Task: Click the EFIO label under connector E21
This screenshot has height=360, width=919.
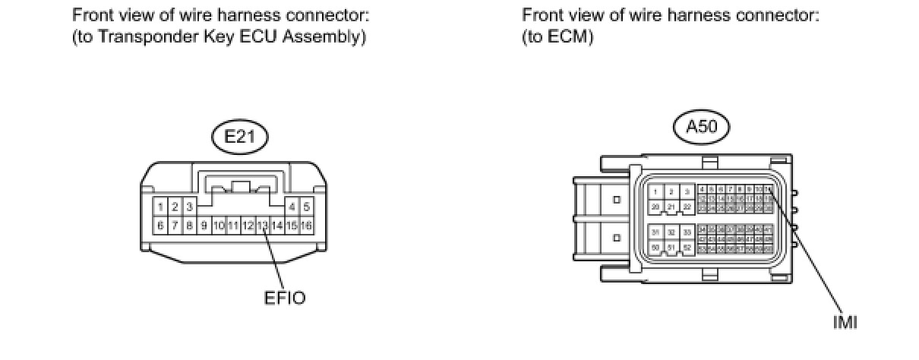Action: click(x=285, y=298)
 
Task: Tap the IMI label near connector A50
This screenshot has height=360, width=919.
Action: click(x=845, y=323)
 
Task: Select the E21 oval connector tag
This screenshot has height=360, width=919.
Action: click(x=239, y=137)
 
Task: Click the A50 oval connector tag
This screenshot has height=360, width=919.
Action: click(x=701, y=128)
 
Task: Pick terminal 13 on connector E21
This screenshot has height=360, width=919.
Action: click(x=263, y=226)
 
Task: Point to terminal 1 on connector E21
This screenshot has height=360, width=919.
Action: click(x=161, y=207)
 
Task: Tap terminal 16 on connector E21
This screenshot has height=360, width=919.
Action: click(x=307, y=226)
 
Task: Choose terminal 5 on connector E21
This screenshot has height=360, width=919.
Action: click(x=307, y=207)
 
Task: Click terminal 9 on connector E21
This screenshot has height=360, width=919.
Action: click(x=204, y=226)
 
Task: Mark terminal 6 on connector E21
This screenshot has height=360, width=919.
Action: click(x=161, y=226)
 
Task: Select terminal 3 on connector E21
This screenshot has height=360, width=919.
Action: click(x=189, y=207)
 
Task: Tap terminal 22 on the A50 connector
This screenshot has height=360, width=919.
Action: click(x=686, y=207)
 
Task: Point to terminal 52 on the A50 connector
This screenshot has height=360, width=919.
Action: click(x=686, y=248)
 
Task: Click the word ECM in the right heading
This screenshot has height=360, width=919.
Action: click(x=570, y=37)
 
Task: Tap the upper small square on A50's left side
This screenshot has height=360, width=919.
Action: click(x=616, y=200)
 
